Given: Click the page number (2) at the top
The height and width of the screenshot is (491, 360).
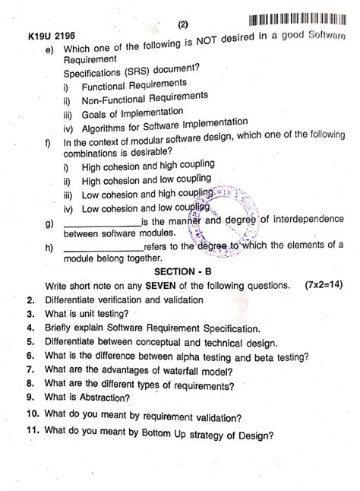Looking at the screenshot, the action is coord(183,24).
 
